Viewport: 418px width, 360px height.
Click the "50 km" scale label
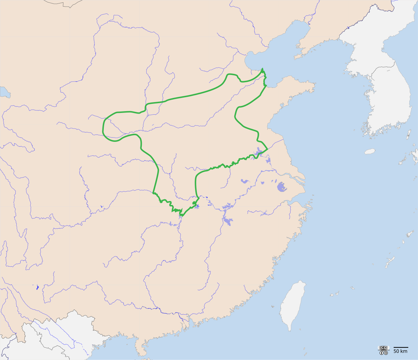click(401, 351)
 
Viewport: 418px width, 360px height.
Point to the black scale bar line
click(401, 347)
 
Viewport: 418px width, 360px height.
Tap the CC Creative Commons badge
click(384, 348)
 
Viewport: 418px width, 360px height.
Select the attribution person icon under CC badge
click(381, 353)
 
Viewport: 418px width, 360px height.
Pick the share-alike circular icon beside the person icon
click(386, 353)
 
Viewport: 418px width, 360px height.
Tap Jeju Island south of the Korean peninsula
click(370, 152)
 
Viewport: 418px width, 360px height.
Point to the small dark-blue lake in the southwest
click(37, 288)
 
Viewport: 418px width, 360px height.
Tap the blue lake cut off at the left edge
click(4, 92)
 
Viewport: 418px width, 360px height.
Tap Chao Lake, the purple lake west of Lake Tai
click(245, 181)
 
